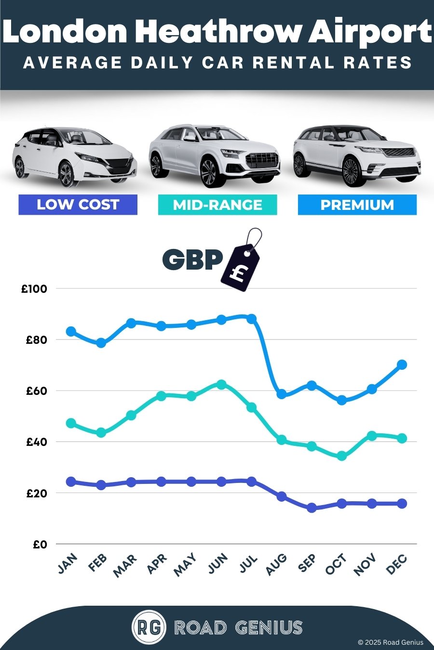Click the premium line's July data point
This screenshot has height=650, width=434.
coord(251,319)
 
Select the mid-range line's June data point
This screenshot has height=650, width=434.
coord(221,384)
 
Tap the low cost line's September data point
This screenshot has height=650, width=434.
coord(312,507)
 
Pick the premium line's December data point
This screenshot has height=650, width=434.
coord(402,364)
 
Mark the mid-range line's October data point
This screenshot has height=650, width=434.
coord(341,455)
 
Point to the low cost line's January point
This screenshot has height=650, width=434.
coord(71,481)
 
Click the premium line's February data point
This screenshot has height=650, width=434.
coord(101,343)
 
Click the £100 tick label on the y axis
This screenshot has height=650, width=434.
coord(34,289)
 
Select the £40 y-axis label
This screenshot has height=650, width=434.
coord(36,442)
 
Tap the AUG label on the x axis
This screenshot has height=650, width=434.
coord(276,564)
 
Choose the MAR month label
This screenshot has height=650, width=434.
coord(125,565)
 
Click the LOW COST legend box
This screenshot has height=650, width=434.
coord(78,205)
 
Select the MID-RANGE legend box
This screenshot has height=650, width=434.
coord(217,205)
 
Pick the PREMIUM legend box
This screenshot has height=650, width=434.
coord(357,205)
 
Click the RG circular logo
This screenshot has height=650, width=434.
coord(149,627)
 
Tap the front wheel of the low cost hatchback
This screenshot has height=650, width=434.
coord(66,174)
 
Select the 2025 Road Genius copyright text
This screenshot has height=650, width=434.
coord(391,642)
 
